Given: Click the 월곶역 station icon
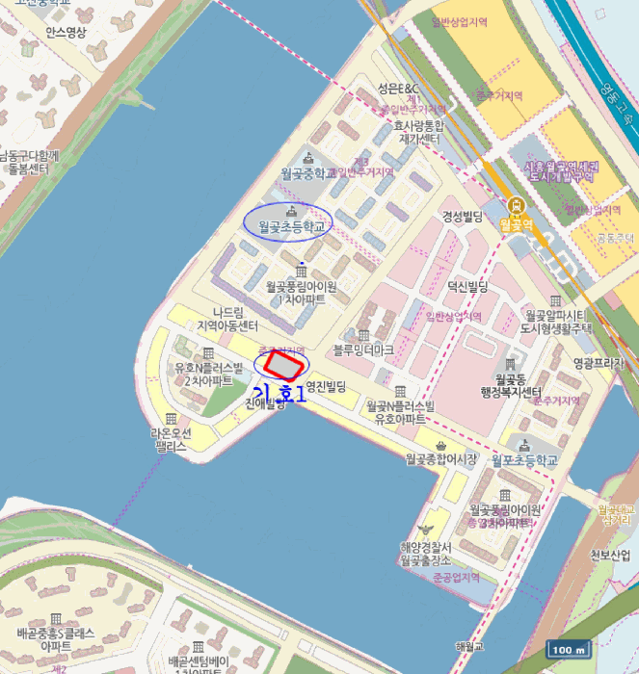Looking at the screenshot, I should point(518,205).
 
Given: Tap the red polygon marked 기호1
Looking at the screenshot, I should point(283,364).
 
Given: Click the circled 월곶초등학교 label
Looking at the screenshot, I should point(287,227).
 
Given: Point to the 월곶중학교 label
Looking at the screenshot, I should point(308,173).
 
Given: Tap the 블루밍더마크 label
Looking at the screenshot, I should point(363,350).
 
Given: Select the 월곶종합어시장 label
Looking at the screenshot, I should point(441,459).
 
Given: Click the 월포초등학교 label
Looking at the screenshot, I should point(524,460).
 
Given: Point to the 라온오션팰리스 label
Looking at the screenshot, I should point(171,440).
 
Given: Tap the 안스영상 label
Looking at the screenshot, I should point(66,32).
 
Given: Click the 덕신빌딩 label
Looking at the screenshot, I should point(467,287).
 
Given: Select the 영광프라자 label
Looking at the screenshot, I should point(599,364).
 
